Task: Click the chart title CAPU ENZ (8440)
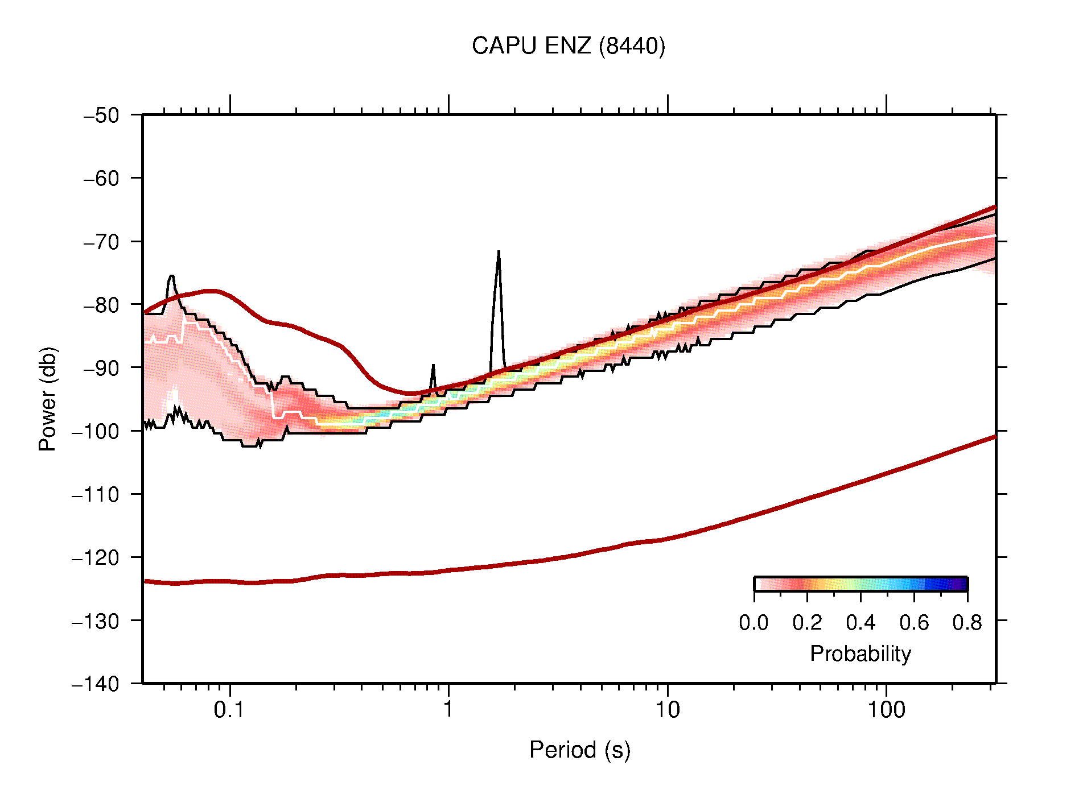tap(568, 46)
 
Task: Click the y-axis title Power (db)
tap(48, 399)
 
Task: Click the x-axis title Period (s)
tap(579, 750)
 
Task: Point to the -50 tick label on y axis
tap(101, 115)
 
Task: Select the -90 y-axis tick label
tap(101, 368)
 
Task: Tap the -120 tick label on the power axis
tap(96, 557)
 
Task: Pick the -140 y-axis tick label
tap(96, 684)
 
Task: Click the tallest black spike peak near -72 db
tap(499, 251)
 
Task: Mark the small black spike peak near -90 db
tap(433, 366)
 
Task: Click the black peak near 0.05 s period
tap(171, 276)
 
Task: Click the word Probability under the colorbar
tap(860, 653)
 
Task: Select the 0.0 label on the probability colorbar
tap(754, 623)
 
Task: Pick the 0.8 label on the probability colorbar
tap(967, 623)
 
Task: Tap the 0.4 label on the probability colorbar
tap(860, 623)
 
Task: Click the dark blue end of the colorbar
tap(962, 584)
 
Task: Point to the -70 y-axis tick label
tap(101, 242)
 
